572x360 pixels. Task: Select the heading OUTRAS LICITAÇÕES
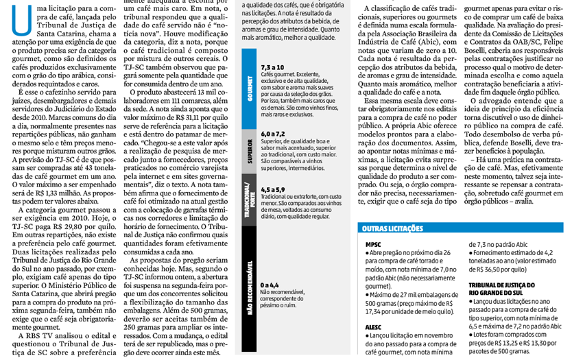[393, 228]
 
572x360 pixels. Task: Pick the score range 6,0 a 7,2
[273, 133]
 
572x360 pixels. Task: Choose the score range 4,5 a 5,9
[273, 189]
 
